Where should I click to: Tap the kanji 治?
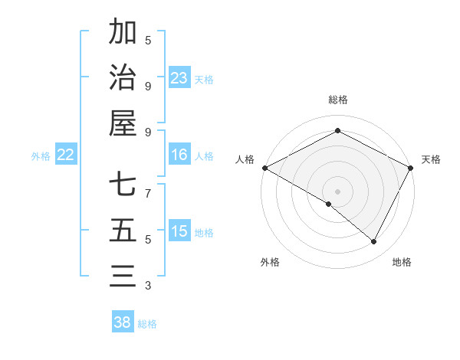tap(123, 77)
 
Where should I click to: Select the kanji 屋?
tap(123, 123)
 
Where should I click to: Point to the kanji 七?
tap(123, 186)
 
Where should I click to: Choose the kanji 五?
tap(123, 231)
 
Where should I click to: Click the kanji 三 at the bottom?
tap(123, 277)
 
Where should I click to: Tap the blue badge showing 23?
tap(179, 78)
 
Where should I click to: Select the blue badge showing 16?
tap(179, 155)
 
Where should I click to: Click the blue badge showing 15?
tap(179, 232)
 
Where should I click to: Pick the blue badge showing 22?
tap(66, 155)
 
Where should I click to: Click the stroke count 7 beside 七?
tap(148, 186)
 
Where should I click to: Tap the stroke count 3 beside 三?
tap(148, 286)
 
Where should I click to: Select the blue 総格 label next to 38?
tap(148, 324)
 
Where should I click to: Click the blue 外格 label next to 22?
tap(41, 156)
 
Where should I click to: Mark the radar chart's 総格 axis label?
tap(337, 100)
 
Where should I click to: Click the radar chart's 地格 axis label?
tap(402, 262)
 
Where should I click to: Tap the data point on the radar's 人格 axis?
tap(264, 168)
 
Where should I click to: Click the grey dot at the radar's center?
tap(337, 191)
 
